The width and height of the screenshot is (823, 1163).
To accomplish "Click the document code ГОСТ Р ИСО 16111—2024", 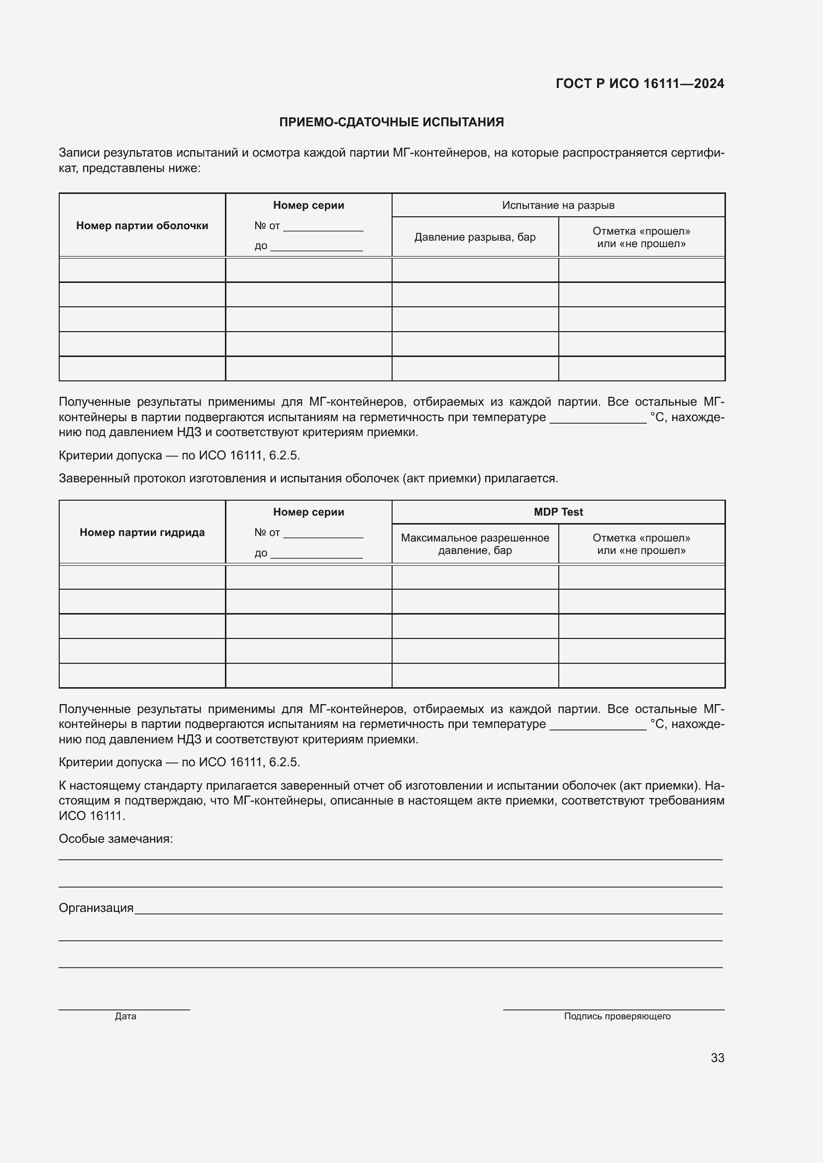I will (x=639, y=84).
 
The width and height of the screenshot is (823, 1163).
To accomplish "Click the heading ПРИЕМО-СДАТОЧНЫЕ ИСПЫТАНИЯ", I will (x=391, y=122).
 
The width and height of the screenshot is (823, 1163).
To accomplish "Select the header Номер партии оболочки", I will (x=142, y=225).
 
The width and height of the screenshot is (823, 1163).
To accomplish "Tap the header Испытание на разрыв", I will (x=558, y=205).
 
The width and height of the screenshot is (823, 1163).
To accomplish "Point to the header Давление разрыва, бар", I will (x=475, y=237).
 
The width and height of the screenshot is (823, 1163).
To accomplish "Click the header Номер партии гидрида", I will (x=142, y=533).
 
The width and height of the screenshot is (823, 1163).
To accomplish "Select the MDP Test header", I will (x=558, y=512).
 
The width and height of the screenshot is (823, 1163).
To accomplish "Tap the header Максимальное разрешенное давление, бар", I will (x=475, y=544).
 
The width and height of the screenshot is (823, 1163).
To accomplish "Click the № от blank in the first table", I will (x=323, y=227).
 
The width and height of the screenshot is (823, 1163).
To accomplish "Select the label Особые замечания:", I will (x=115, y=839).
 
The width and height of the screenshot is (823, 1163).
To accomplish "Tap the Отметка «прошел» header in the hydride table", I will (x=641, y=544).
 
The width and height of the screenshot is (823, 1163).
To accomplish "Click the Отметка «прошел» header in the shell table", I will (x=641, y=237).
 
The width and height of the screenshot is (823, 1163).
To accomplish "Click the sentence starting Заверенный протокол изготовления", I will (x=308, y=478).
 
